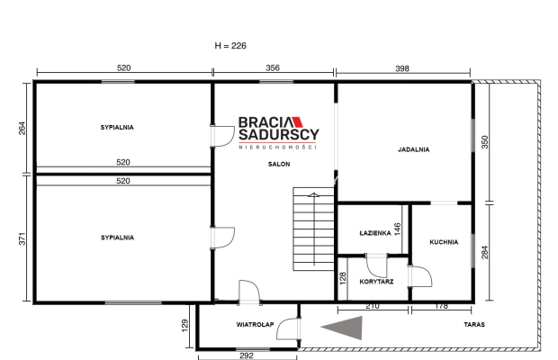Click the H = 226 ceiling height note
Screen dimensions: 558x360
tap(230, 46)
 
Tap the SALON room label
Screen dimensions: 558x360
tap(279, 164)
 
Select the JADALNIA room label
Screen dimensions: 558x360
tap(413, 149)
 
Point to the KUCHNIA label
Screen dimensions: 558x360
tap(444, 242)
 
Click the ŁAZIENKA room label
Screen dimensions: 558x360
tap(375, 233)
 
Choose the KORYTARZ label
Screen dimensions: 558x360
tap(376, 282)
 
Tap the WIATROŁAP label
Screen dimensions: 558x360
tap(255, 324)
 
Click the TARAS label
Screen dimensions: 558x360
tap(474, 324)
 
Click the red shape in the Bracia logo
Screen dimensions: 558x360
tap(298, 122)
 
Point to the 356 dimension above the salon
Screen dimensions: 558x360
tap(273, 67)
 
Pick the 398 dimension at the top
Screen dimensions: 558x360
tap(402, 68)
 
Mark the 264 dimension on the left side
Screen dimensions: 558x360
tap(22, 129)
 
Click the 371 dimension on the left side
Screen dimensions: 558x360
tap(22, 238)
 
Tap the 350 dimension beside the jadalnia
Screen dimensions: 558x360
tap(484, 142)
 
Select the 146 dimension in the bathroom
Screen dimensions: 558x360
tap(398, 229)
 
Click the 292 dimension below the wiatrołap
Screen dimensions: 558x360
tap(247, 355)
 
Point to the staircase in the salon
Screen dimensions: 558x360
tap(313, 229)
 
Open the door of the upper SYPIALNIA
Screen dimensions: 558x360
tap(222, 136)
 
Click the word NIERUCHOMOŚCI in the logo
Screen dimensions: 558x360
tap(277, 147)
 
